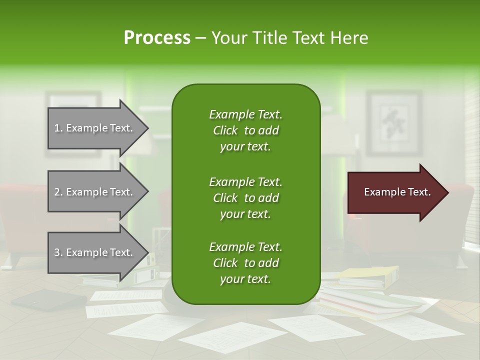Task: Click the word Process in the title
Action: point(157,38)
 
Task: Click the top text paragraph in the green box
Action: point(245,130)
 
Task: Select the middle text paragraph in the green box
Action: point(245,197)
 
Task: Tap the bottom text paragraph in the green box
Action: point(245,263)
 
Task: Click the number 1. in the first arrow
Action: point(58,128)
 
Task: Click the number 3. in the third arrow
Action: point(58,252)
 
